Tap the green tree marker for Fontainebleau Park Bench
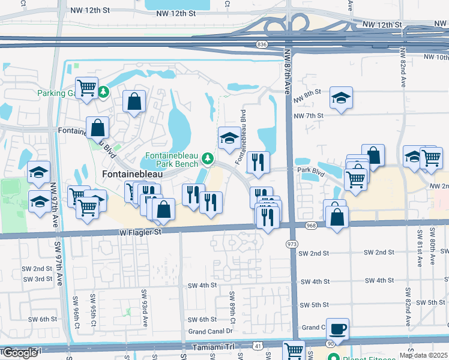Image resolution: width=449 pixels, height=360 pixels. (x=208, y=158)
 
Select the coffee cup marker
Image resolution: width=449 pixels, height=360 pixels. (x=338, y=329)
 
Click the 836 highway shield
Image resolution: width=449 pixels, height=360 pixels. (x=261, y=44)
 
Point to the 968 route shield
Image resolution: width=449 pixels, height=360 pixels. (x=310, y=226)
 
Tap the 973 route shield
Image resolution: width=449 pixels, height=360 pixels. (x=292, y=244)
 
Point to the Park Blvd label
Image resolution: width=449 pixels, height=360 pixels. (x=311, y=170)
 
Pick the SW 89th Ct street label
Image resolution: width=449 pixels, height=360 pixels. (x=232, y=306)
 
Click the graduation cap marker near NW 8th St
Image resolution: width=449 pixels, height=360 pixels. (x=342, y=98)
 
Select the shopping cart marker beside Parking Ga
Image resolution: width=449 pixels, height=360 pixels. (x=87, y=89)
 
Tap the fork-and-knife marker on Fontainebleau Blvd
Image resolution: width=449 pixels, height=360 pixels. (x=258, y=163)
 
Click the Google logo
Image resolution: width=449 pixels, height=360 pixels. (x=20, y=353)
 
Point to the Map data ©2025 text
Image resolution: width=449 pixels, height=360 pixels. (x=423, y=355)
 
